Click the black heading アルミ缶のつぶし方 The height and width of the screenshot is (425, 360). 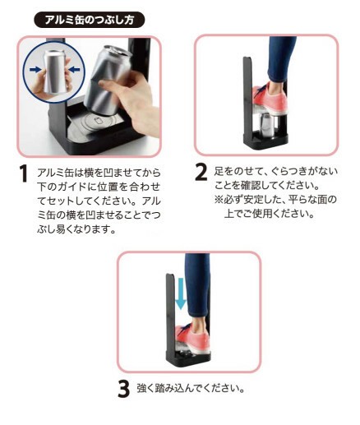coord(89,20)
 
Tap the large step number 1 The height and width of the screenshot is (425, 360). coord(24,173)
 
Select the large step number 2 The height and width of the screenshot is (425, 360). coord(201,172)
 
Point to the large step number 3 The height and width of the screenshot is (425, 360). coord(123,388)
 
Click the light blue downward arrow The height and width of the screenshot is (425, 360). coord(181,293)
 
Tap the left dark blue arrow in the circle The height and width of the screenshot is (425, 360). coord(35,70)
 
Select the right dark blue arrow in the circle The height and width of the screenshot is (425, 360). coord(74,70)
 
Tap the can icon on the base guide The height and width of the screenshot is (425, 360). coord(98,120)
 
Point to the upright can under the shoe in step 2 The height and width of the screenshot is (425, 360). coord(267,125)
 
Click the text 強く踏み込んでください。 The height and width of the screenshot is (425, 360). coord(191,388)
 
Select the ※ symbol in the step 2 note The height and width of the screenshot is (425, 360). coord(219,199)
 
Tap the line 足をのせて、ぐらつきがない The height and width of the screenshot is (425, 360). coord(275,171)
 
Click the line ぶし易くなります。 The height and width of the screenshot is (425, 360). coord(76,229)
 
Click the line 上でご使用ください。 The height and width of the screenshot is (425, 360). coord(269,213)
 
